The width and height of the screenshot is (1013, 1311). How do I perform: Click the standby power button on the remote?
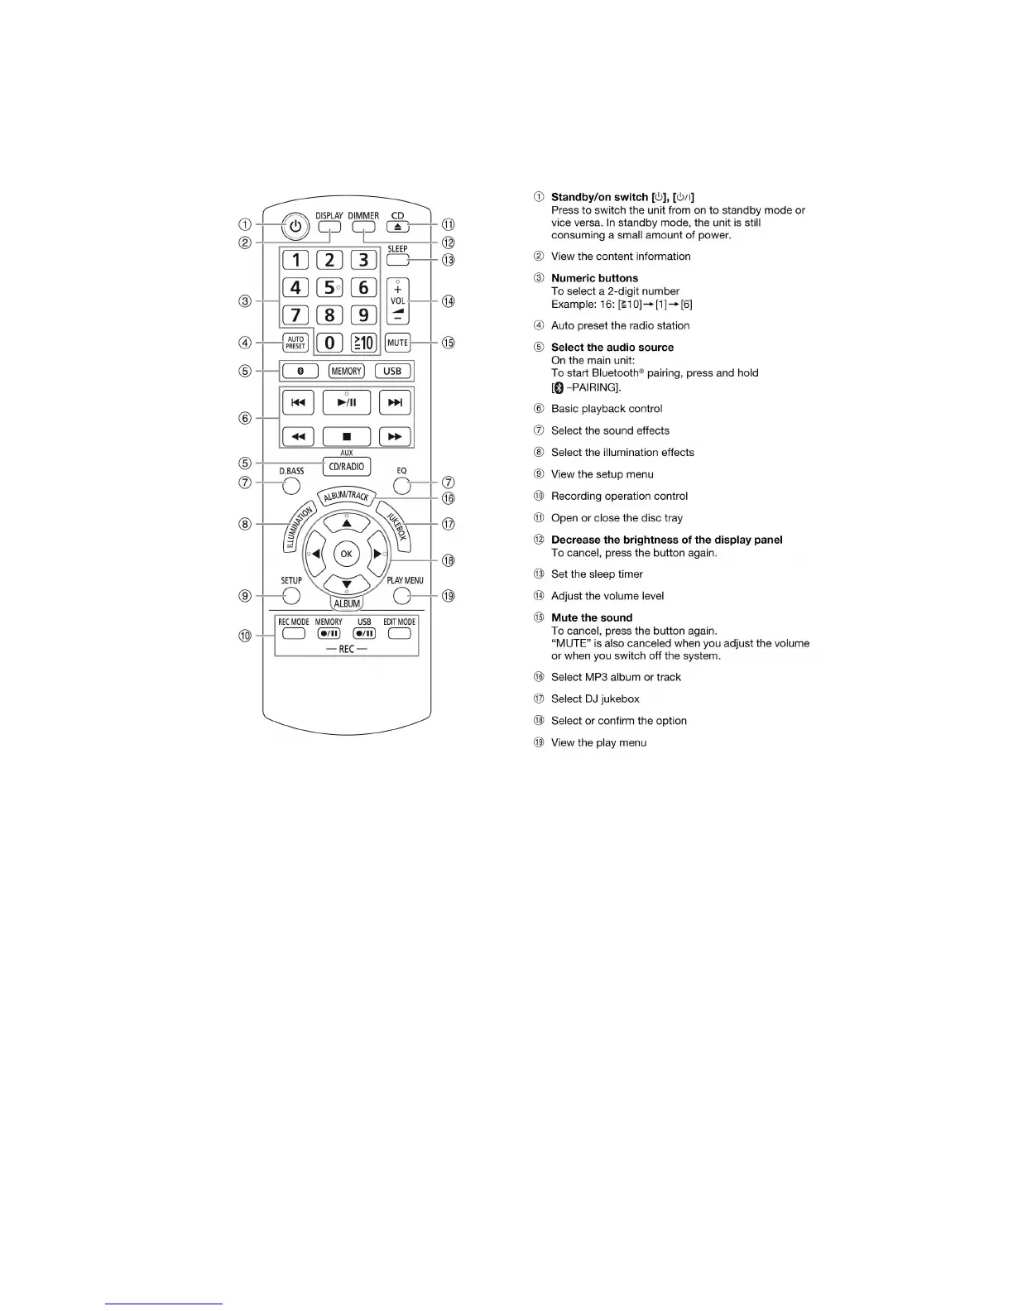pyautogui.click(x=295, y=225)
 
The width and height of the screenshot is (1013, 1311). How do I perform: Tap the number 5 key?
pyautogui.click(x=329, y=287)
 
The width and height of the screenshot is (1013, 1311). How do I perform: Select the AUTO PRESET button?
pyautogui.click(x=295, y=343)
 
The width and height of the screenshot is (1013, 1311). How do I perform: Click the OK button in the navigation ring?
pyautogui.click(x=346, y=554)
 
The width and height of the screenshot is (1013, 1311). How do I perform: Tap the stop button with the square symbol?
pyautogui.click(x=346, y=436)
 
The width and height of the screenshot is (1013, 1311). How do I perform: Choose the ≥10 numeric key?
pyautogui.click(x=362, y=343)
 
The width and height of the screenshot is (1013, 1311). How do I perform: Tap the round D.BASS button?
pyautogui.click(x=291, y=486)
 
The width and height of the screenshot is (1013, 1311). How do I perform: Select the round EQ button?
pyautogui.click(x=401, y=486)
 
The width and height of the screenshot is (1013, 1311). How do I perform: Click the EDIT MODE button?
pyautogui.click(x=399, y=634)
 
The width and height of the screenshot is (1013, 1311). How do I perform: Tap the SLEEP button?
pyautogui.click(x=397, y=259)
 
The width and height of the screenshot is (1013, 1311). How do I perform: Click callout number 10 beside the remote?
pyautogui.click(x=245, y=636)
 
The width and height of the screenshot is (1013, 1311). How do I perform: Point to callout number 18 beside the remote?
pyautogui.click(x=449, y=560)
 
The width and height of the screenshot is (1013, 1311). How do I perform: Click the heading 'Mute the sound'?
pyautogui.click(x=592, y=617)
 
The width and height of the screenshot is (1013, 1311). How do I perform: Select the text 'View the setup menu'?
pyautogui.click(x=602, y=474)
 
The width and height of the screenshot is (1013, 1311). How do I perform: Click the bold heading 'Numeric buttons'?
pyautogui.click(x=594, y=278)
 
